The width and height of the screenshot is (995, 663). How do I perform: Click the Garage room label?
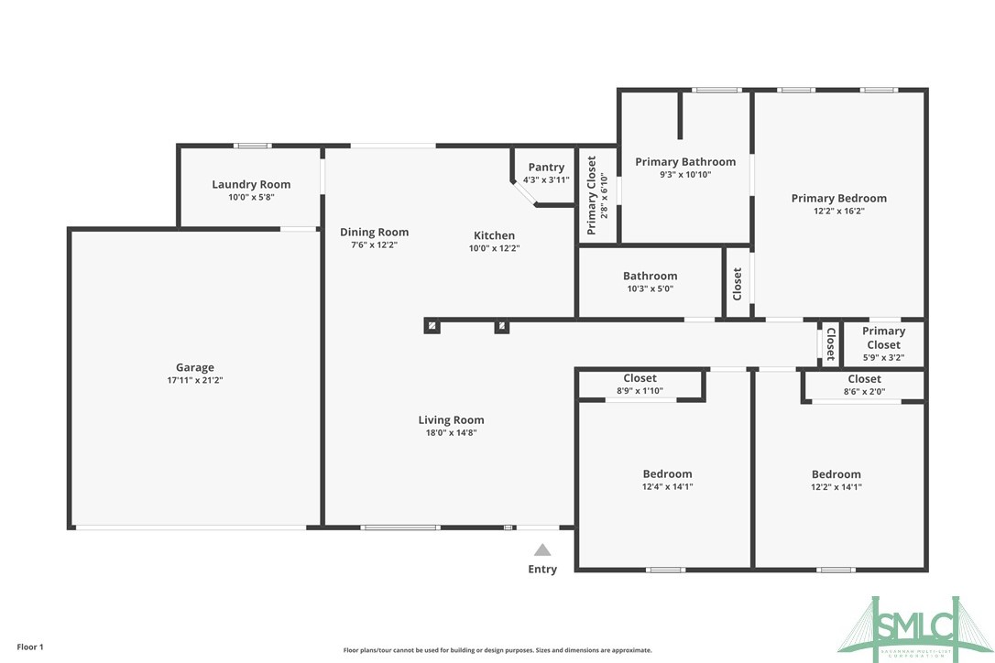[194, 368]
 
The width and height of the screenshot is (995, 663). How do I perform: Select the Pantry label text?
[546, 167]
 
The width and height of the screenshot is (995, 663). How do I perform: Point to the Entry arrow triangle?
[542, 550]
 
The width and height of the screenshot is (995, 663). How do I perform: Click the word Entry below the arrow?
[542, 570]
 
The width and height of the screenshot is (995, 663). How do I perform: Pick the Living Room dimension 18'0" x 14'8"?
[451, 433]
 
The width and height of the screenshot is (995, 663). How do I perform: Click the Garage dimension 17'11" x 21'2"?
[194, 380]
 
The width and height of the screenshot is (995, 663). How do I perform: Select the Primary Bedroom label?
[839, 198]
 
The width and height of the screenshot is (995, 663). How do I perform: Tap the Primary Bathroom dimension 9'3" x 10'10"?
[685, 174]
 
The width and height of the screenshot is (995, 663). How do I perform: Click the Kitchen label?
[494, 235]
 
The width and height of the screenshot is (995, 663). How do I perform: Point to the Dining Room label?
[374, 232]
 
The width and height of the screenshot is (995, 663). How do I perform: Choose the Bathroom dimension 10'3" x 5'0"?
[650, 288]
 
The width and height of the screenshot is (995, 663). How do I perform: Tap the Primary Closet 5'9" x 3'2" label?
[883, 344]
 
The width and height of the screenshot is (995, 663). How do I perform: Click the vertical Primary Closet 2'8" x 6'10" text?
[597, 195]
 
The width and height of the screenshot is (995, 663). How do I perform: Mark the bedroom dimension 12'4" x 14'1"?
[667, 487]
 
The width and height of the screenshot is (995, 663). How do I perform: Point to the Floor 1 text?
[28, 647]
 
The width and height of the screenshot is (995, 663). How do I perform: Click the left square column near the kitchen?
[432, 325]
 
